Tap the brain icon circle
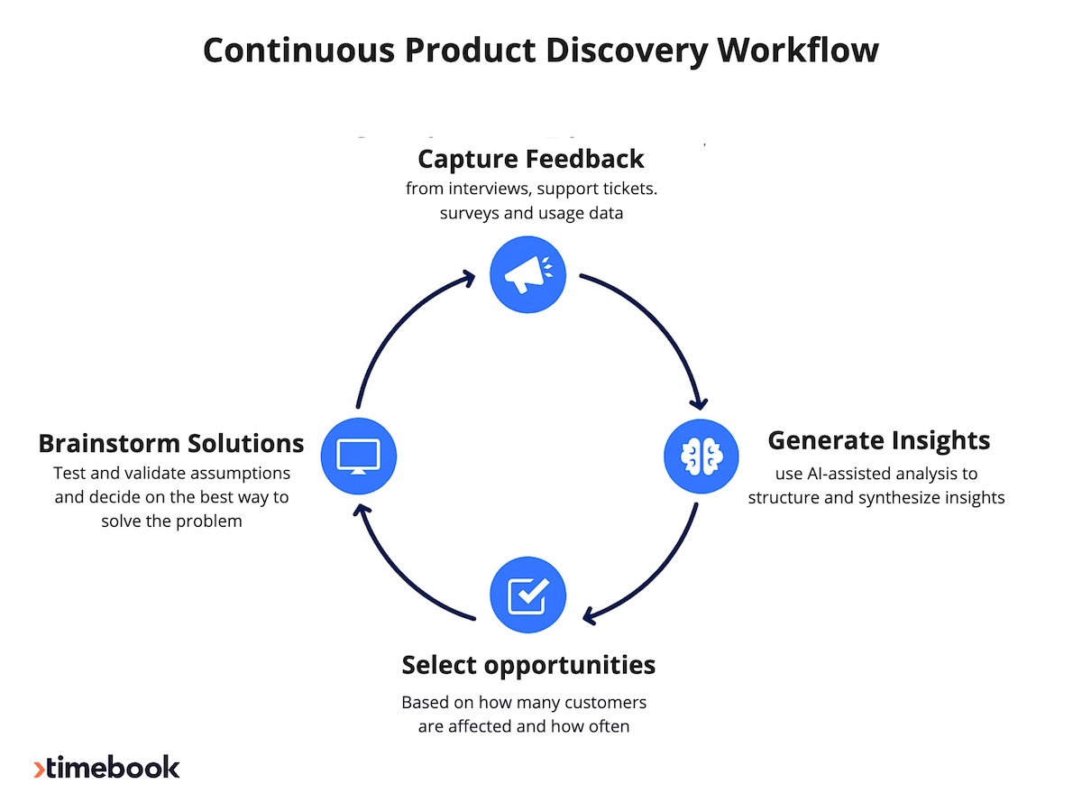click(x=701, y=456)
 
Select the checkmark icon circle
click(x=527, y=595)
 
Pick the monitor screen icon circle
click(x=358, y=456)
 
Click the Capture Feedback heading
click(x=531, y=159)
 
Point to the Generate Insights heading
click(x=878, y=440)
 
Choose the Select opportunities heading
click(x=528, y=665)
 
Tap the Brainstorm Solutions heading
click(x=171, y=444)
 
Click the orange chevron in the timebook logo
click(x=39, y=769)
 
